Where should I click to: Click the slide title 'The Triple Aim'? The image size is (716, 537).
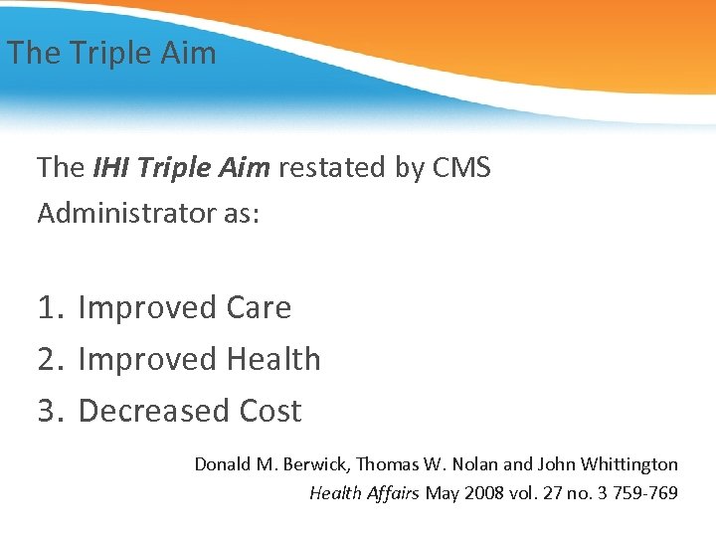pyautogui.click(x=111, y=53)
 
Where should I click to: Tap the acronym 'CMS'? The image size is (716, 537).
pyautogui.click(x=461, y=167)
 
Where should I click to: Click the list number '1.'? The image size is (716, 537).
pyautogui.click(x=51, y=308)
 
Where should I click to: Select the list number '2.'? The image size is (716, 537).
pyautogui.click(x=51, y=359)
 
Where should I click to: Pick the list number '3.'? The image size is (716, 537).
pyautogui.click(x=51, y=411)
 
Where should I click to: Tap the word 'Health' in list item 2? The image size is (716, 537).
pyautogui.click(x=273, y=359)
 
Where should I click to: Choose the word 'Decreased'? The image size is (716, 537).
pyautogui.click(x=154, y=411)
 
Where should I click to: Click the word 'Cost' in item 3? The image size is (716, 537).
pyautogui.click(x=270, y=411)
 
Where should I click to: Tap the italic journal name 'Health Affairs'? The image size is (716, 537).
pyautogui.click(x=365, y=492)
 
